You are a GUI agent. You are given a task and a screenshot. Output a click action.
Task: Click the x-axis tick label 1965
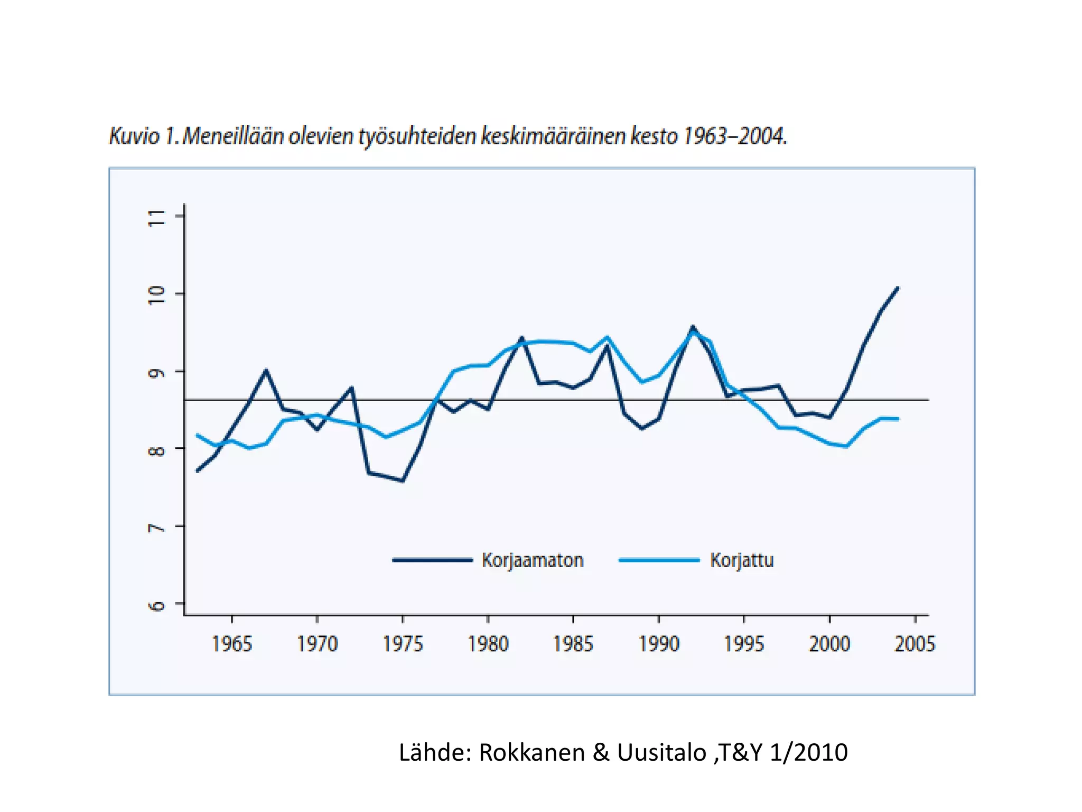click(232, 644)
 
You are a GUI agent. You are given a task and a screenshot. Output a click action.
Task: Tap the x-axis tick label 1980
click(488, 644)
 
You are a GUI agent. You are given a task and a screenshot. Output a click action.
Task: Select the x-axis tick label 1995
click(744, 644)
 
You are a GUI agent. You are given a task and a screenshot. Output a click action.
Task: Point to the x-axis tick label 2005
click(915, 644)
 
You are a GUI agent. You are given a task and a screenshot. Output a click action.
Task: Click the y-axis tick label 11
click(157, 217)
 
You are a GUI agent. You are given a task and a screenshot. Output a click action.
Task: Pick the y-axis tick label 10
click(157, 294)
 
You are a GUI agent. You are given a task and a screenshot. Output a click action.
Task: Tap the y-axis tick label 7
click(157, 528)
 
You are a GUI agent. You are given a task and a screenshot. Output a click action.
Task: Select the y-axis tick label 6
click(157, 605)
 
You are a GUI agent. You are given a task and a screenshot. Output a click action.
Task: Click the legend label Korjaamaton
click(533, 560)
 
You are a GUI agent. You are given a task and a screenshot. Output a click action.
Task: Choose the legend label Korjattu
click(742, 560)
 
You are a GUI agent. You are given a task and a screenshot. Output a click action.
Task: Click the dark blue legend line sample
click(432, 560)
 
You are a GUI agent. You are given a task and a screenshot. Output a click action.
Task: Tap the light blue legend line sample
click(659, 560)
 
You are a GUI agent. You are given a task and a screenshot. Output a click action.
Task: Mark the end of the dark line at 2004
click(898, 288)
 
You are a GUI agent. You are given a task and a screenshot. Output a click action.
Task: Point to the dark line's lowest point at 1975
click(403, 481)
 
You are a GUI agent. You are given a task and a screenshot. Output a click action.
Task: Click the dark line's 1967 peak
click(266, 370)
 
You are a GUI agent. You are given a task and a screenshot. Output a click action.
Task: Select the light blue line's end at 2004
click(898, 419)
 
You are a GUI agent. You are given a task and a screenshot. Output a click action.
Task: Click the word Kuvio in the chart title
click(134, 136)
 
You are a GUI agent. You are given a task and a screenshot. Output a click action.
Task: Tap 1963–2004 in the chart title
click(735, 136)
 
